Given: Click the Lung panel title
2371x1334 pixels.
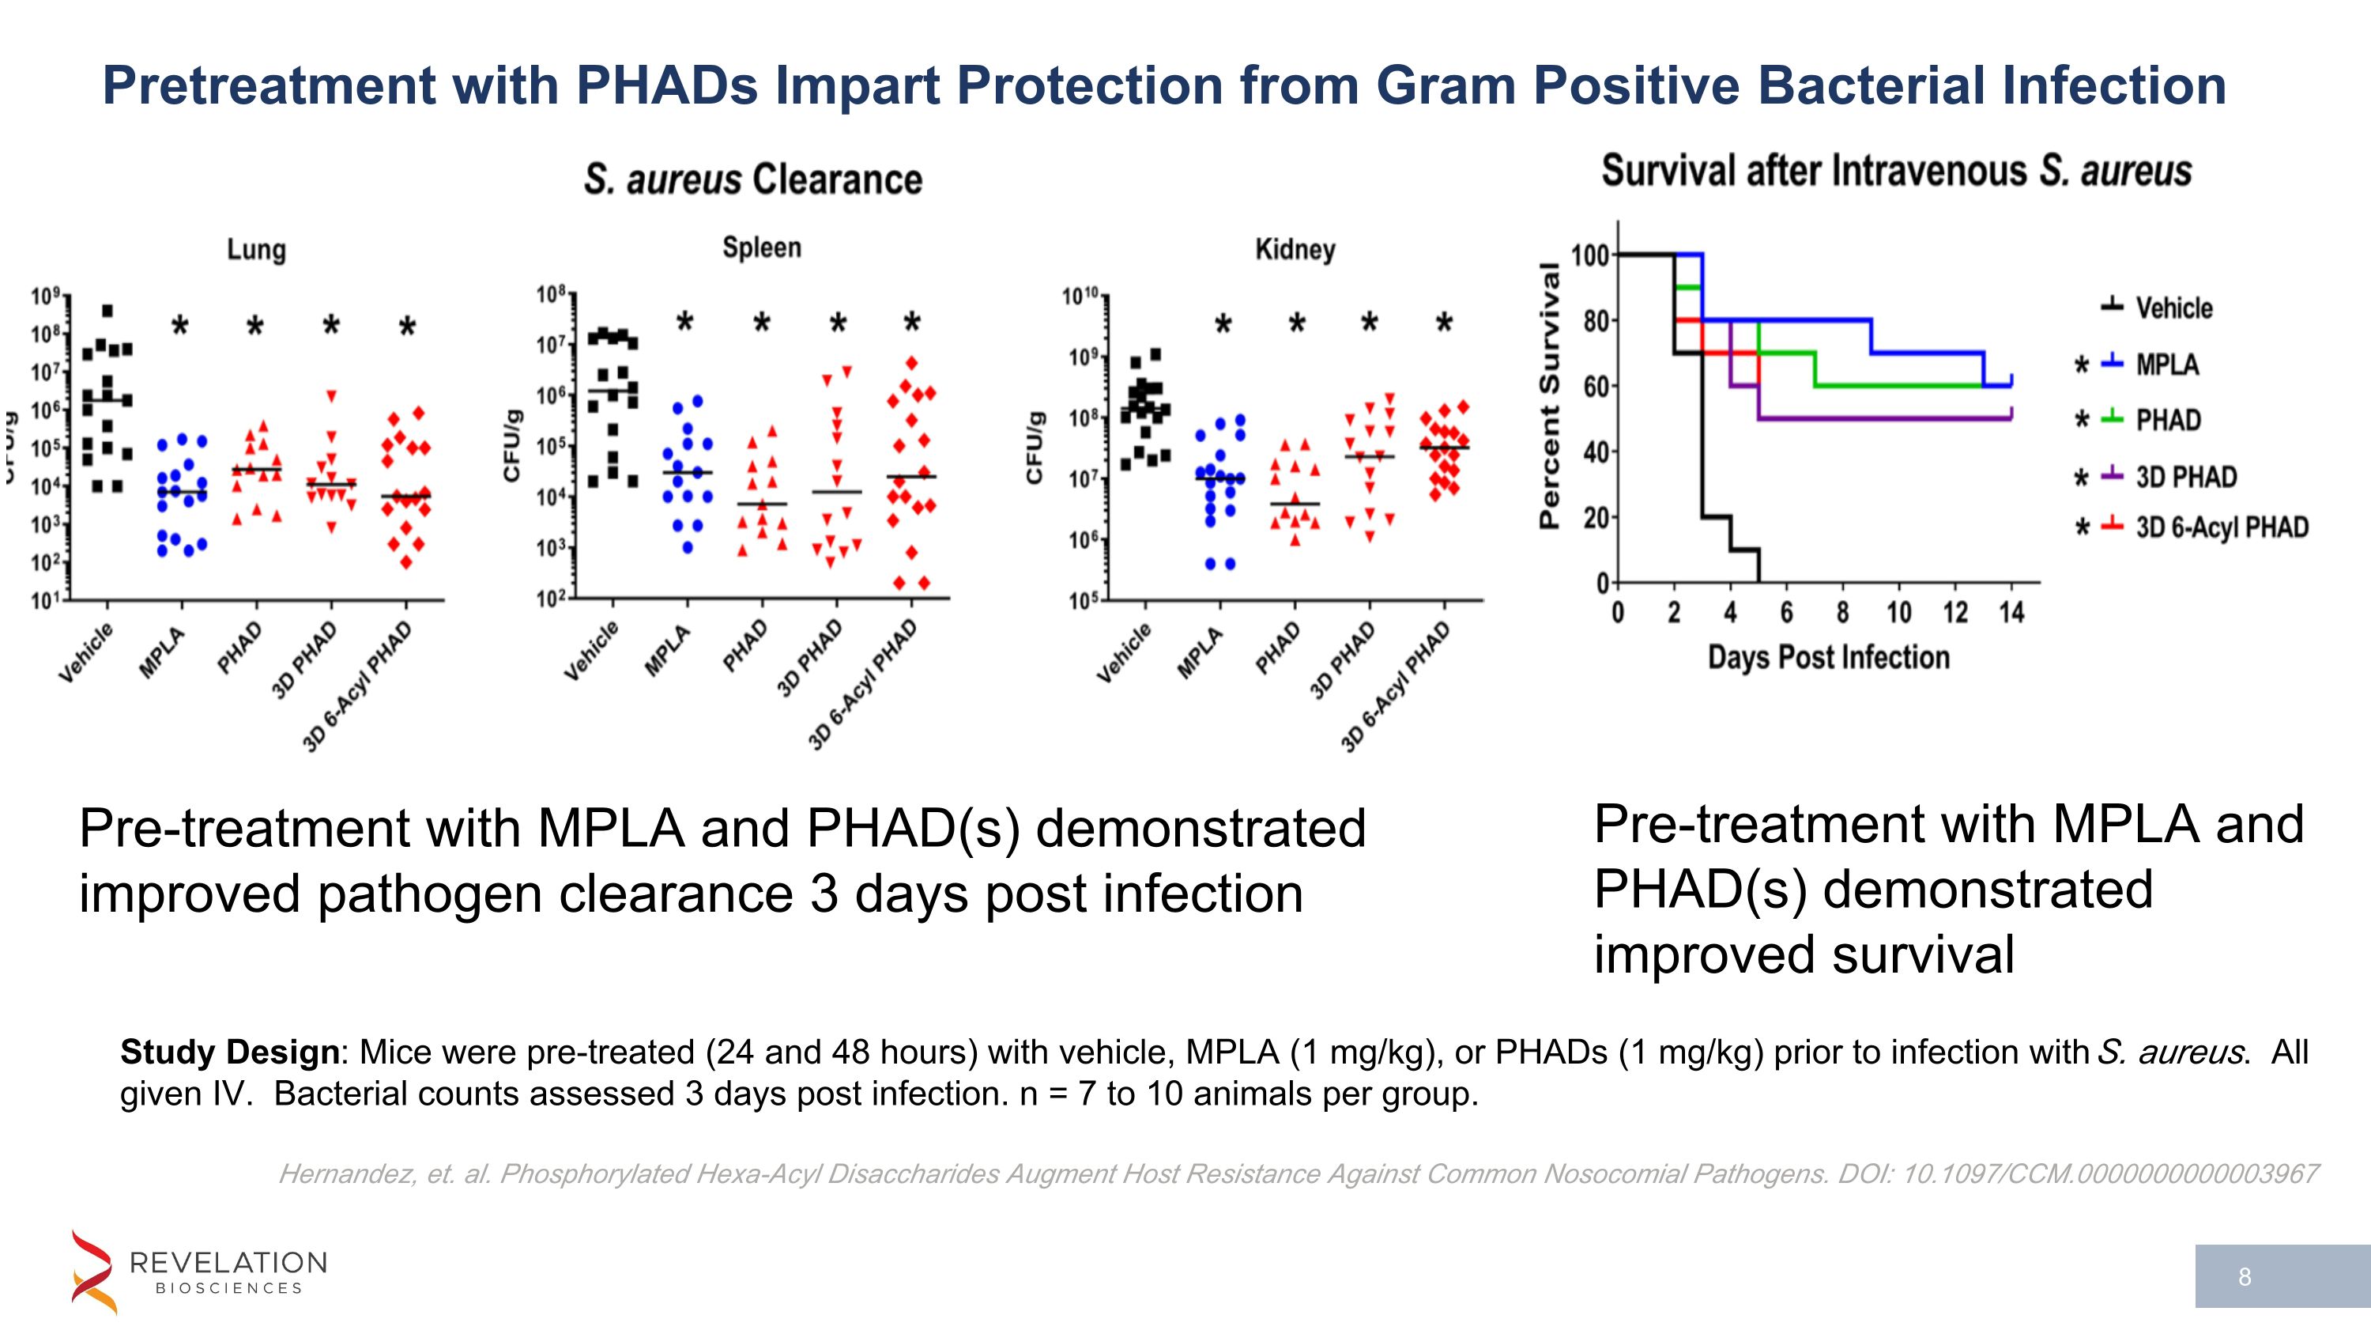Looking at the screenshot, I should coord(257,250).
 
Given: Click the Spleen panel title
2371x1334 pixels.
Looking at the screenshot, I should coord(761,248).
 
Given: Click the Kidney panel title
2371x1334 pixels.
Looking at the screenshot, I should coord(1295,250).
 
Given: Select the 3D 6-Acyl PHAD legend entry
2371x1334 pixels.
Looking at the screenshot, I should coord(2221,527).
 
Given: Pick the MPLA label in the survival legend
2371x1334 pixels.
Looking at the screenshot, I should coord(2166,365).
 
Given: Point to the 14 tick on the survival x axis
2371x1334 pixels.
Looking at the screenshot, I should coord(2011,612).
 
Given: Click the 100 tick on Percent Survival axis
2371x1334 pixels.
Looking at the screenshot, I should coord(1589,255).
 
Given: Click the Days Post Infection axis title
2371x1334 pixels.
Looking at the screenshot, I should coord(1828,657).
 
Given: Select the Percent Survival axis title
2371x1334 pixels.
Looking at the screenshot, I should coord(1550,396).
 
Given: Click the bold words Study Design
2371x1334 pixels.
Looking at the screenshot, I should coord(229,1052).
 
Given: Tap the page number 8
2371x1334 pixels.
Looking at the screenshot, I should coord(2245,1277).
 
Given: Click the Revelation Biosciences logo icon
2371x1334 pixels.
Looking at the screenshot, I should coord(93,1272).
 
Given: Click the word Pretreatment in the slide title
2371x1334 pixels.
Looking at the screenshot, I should coord(268,85).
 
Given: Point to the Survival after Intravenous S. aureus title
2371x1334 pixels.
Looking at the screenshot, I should coord(1896,172).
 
